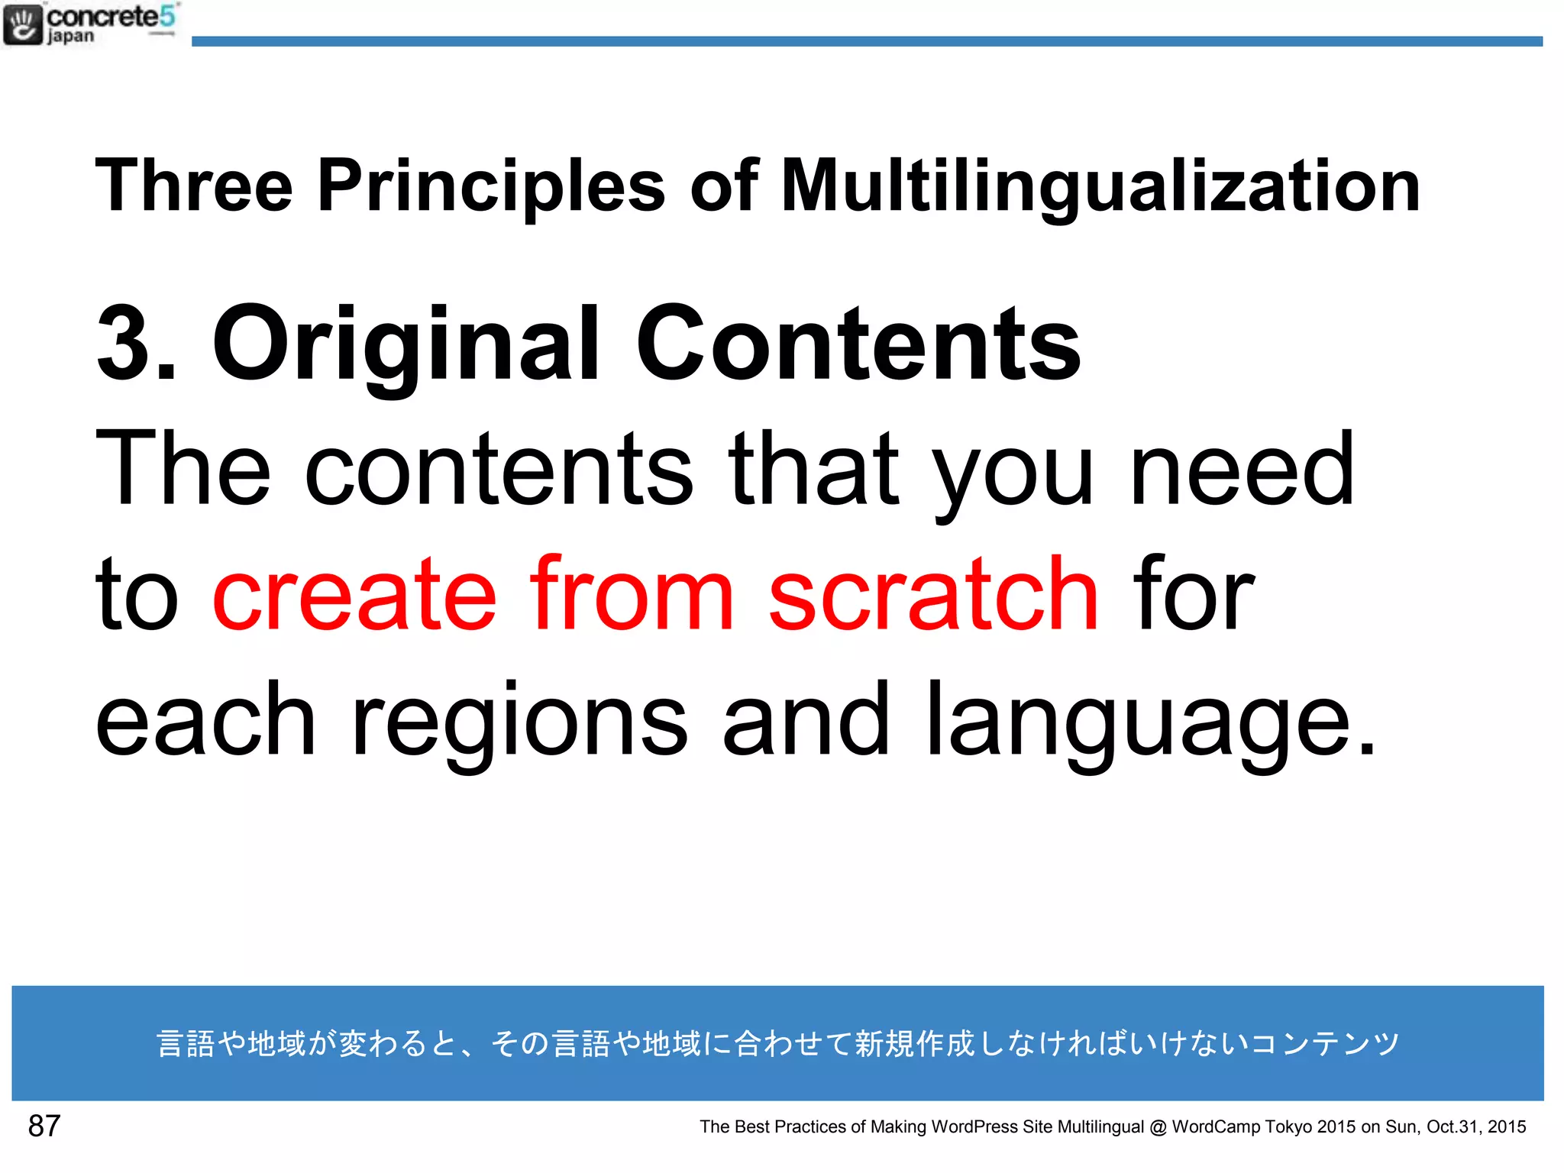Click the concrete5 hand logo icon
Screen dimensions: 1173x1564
click(23, 25)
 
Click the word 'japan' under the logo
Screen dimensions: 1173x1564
click(71, 37)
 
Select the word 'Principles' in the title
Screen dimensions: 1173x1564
click(491, 186)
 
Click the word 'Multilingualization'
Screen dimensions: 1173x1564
click(1100, 186)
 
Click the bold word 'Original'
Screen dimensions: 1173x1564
click(406, 344)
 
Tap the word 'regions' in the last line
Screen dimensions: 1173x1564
click(519, 722)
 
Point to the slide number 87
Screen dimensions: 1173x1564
click(44, 1126)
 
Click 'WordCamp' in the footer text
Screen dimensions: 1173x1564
click(1215, 1127)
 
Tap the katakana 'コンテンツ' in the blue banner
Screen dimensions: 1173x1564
click(1326, 1043)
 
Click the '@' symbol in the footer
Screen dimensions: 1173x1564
click(1158, 1127)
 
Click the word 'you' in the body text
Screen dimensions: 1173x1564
click(1015, 470)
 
